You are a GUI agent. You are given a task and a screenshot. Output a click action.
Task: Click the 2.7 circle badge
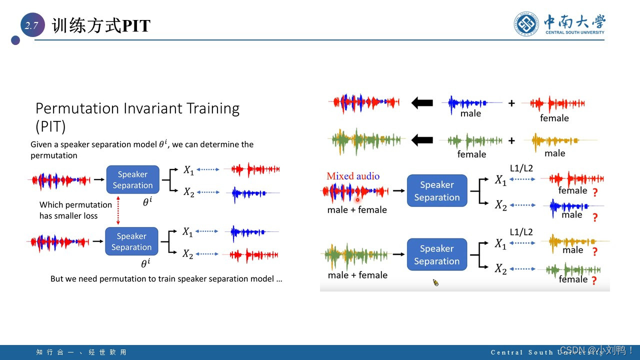32,26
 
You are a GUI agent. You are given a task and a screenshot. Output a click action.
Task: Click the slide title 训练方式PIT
101,26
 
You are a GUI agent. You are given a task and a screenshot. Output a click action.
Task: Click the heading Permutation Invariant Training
137,109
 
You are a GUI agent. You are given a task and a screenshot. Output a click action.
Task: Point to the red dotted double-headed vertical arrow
118,210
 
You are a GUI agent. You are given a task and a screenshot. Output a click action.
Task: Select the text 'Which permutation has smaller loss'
75,210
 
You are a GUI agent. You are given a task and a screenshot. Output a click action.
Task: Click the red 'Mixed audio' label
353,176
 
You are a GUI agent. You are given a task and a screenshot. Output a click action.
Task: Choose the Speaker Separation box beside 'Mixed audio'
436,191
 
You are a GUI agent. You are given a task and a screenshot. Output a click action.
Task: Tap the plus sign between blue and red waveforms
511,103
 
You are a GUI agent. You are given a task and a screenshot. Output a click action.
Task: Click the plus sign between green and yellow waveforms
511,140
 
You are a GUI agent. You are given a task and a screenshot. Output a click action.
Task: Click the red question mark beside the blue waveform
595,217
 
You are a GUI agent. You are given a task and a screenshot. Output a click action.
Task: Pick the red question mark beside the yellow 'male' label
595,251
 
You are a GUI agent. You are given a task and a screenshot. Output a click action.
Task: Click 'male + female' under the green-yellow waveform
357,275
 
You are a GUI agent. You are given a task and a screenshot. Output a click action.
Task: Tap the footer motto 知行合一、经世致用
81,352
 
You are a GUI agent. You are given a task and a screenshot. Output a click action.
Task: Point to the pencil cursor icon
435,282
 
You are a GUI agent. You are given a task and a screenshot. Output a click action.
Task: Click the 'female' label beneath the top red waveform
554,118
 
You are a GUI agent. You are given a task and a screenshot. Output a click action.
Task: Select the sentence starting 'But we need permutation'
166,278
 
